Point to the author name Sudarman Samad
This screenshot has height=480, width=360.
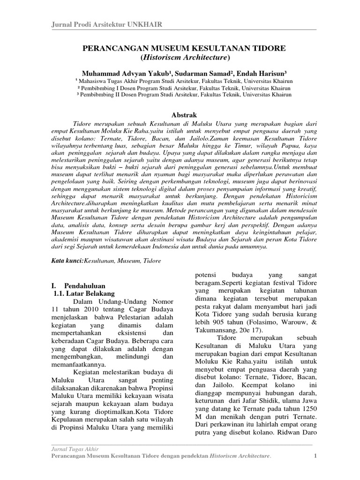(191, 74)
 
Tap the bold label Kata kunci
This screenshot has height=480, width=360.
(66, 260)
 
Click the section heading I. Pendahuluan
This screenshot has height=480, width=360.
(78, 285)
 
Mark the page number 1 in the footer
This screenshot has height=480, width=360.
(315, 457)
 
